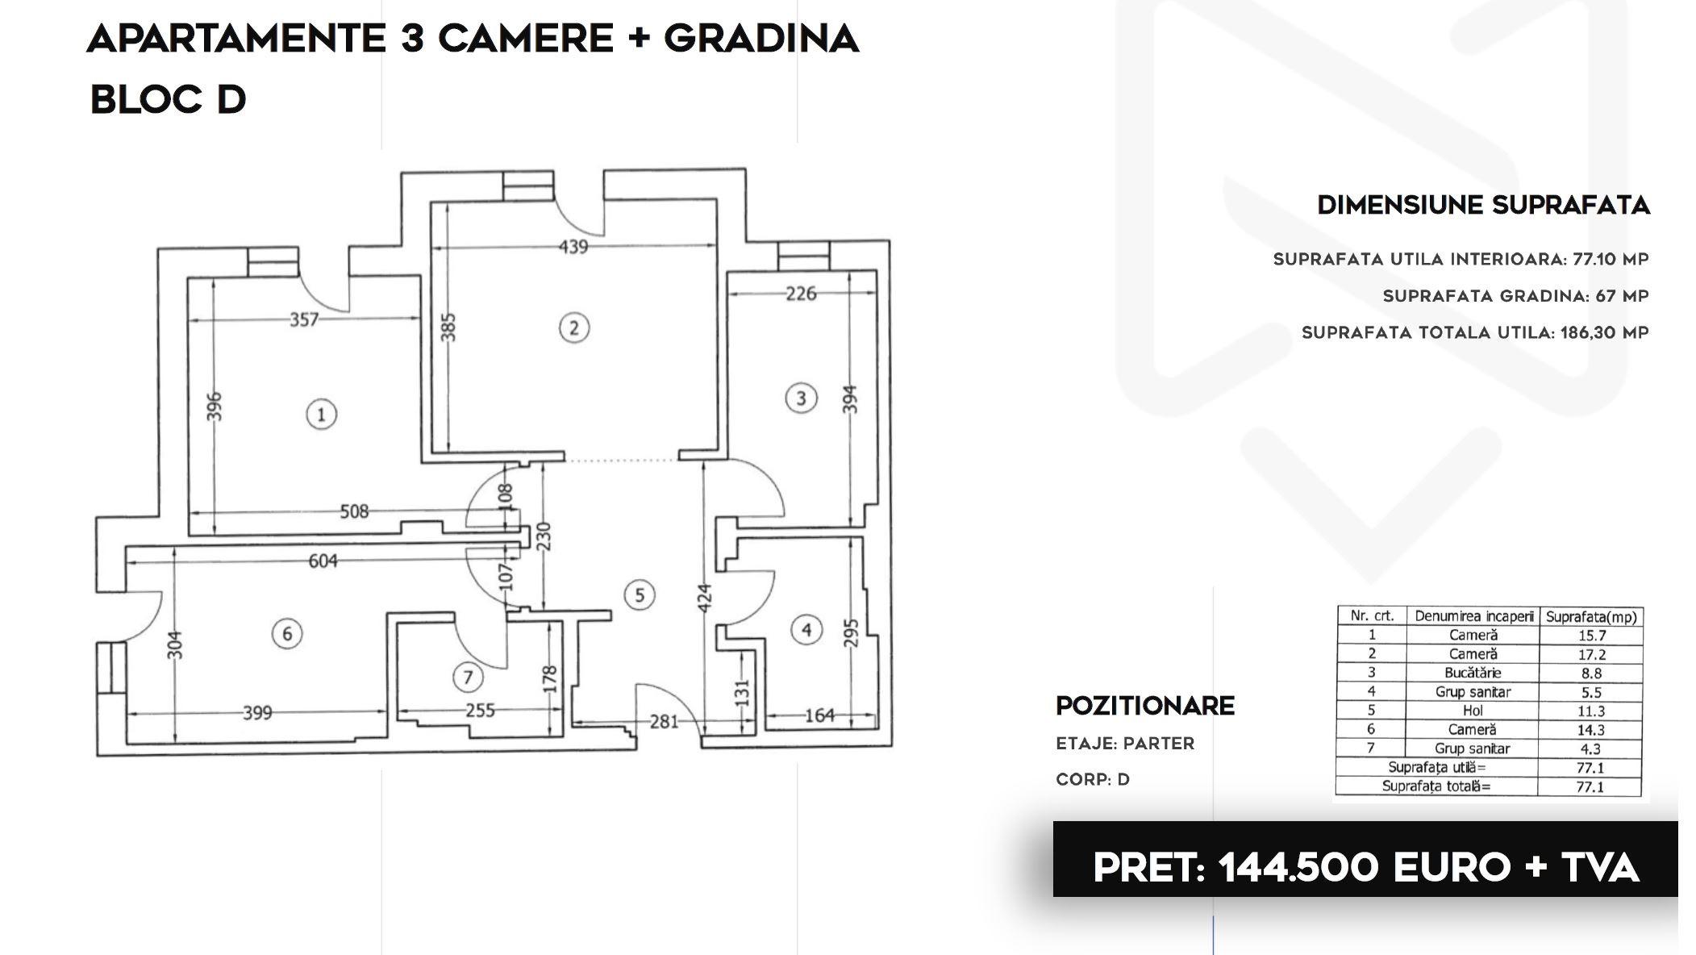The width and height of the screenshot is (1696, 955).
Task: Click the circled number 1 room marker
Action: click(321, 415)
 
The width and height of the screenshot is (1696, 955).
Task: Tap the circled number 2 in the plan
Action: click(573, 327)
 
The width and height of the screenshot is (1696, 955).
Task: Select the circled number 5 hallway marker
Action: click(640, 595)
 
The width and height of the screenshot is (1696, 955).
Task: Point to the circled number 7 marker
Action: click(468, 677)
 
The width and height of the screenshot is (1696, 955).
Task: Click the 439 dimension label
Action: click(573, 247)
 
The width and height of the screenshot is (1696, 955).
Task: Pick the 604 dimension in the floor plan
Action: click(323, 561)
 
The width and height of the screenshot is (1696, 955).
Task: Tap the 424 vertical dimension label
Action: click(704, 598)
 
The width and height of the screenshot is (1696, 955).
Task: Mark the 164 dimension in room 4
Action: click(819, 715)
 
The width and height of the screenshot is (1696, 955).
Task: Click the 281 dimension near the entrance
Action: click(664, 722)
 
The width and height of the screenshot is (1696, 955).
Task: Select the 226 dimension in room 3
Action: click(801, 294)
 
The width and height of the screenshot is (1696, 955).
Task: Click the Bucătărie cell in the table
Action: click(1473, 673)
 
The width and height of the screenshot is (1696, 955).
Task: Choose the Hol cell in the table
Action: click(1473, 711)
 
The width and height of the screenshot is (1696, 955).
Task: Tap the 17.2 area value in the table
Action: click(1591, 654)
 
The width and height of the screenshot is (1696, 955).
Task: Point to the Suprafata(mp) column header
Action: click(1591, 617)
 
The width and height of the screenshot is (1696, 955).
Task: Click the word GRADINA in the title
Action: click(761, 39)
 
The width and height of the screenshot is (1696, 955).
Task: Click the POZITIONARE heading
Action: click(1145, 706)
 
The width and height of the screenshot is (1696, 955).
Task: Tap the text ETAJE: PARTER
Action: click(1125, 744)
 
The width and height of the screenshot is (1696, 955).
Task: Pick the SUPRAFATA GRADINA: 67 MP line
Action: click(1515, 296)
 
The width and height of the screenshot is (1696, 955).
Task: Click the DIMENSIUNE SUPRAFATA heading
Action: click(1483, 205)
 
